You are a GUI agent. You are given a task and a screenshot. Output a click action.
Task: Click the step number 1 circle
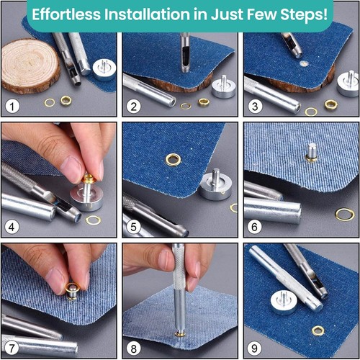[12, 107]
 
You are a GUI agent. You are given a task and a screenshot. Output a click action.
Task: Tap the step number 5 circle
[133, 227]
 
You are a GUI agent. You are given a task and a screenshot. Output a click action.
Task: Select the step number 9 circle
[254, 348]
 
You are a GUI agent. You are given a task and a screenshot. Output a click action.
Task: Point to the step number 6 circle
[254, 227]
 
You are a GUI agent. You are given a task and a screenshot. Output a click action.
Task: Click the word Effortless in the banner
[66, 14]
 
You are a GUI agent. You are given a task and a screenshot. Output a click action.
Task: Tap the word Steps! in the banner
[304, 15]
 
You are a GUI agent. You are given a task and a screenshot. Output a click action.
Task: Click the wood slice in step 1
[31, 66]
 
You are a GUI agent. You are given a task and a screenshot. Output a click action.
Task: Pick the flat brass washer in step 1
[50, 103]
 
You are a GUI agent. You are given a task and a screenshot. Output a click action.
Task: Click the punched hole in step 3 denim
[304, 63]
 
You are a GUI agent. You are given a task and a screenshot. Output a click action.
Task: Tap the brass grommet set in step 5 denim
[173, 160]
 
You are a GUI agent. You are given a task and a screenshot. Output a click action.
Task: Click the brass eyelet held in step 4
[89, 179]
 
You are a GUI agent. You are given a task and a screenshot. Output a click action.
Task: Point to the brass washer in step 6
[345, 214]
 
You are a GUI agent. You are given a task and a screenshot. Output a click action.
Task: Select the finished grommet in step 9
[318, 331]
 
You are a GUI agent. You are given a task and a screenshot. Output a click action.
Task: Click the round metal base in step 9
[284, 302]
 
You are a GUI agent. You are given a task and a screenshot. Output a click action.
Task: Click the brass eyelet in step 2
[204, 102]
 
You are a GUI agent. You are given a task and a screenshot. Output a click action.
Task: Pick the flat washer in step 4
[94, 220]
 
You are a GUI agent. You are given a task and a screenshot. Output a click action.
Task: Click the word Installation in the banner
[148, 14]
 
